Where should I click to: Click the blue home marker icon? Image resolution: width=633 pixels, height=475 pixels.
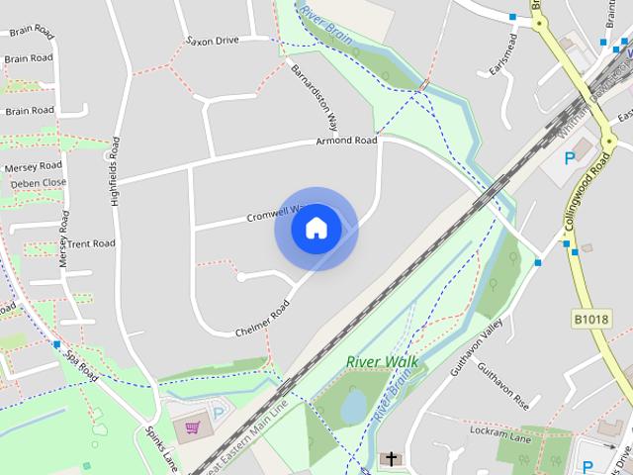316,228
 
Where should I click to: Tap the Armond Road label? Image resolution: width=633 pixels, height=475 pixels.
346,141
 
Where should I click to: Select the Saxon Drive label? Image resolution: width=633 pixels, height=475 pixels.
214,41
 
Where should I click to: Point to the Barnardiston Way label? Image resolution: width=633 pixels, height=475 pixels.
315,99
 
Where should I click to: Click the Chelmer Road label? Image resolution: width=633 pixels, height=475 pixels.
261,318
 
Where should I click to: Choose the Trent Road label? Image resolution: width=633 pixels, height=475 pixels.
92,243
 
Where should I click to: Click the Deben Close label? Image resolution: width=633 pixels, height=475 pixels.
39,183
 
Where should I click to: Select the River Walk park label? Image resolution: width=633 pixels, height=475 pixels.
382,362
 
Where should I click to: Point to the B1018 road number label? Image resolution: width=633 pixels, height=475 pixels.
591,319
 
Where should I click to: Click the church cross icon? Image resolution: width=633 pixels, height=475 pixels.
392,459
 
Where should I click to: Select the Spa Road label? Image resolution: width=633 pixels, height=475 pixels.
81,363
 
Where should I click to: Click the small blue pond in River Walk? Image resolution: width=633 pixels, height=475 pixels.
354,406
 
